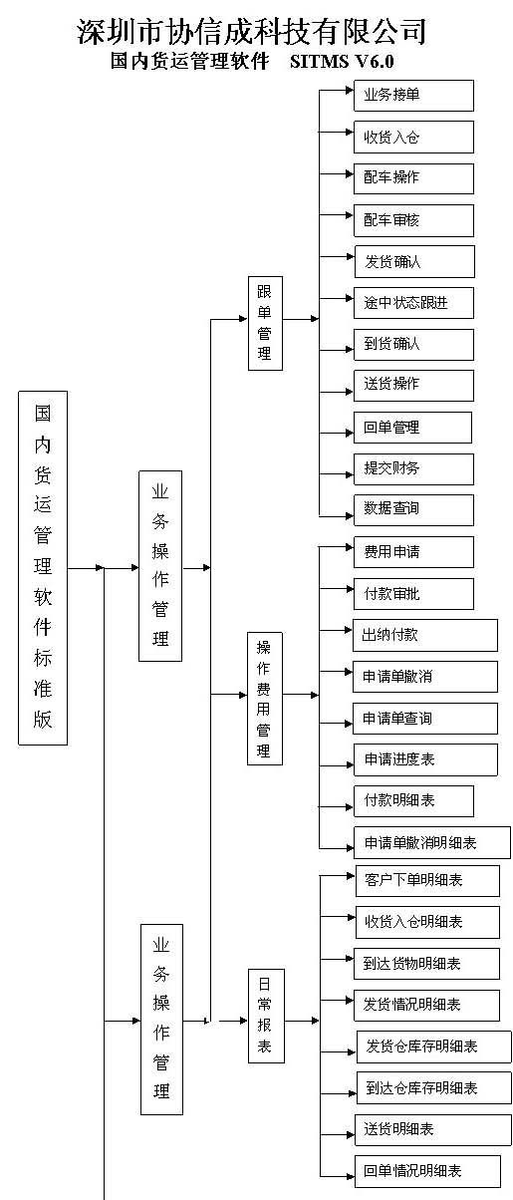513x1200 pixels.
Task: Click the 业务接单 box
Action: coord(413,96)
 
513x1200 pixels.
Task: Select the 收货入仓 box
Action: coord(413,138)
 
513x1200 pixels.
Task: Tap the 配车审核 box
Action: coord(413,220)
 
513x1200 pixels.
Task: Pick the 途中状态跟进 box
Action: coord(413,303)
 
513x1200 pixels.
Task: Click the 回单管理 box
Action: coord(412,428)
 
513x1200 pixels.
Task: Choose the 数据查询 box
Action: coord(413,509)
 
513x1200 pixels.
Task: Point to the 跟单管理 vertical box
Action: coord(265,323)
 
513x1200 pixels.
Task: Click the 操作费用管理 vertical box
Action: coord(265,699)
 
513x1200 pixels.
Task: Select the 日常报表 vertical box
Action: coord(266,1016)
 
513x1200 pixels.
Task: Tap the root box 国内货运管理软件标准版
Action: coord(43,568)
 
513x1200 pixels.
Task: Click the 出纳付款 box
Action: coord(425,635)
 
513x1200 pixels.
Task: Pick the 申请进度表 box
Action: coord(425,759)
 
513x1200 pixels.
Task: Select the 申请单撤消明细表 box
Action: coord(432,842)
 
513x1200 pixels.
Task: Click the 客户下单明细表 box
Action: coord(427,881)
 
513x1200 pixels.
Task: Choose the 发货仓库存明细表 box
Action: coord(433,1047)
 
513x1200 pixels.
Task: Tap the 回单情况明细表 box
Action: coord(427,1171)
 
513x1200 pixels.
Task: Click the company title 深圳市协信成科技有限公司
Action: coord(252,31)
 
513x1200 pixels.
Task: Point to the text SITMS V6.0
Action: coord(342,61)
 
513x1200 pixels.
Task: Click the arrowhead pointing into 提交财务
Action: coord(350,474)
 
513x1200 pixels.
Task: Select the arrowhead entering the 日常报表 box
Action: coord(243,1021)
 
